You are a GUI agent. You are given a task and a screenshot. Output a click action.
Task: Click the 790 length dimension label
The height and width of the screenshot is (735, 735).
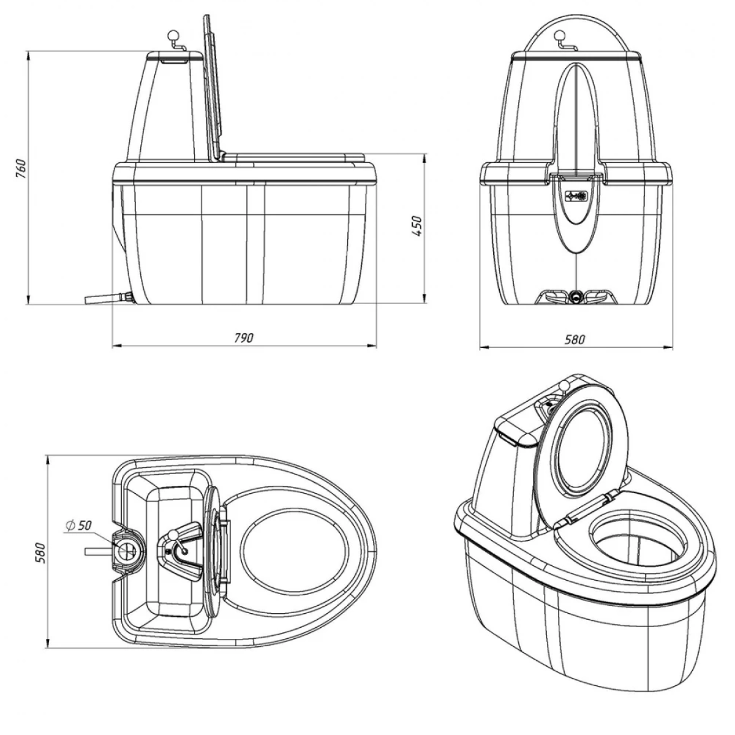pos(243,339)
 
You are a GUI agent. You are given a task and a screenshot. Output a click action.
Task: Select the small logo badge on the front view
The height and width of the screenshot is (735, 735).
pos(576,197)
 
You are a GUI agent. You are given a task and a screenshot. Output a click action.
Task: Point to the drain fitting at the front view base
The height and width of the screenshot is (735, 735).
pos(576,296)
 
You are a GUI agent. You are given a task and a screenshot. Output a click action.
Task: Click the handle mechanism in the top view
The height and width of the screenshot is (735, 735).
pos(179,545)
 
